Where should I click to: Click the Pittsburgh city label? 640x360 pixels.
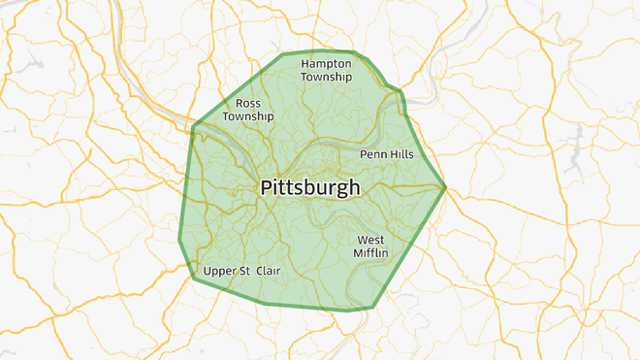309,187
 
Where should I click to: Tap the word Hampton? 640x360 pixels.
326,63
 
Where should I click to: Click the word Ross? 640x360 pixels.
248,103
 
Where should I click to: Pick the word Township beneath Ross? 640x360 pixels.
248,116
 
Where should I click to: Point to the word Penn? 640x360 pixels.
373,154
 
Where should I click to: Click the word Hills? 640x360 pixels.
400,154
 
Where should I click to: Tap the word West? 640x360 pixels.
370,240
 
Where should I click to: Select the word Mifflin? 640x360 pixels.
370,253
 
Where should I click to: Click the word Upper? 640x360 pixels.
220,272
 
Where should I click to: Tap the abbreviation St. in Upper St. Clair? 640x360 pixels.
242,272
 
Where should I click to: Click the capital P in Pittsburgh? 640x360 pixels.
265,187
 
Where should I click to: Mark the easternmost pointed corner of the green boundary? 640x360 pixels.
445,186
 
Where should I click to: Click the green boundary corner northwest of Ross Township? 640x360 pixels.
194,126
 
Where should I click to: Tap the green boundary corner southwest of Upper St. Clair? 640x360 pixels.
193,278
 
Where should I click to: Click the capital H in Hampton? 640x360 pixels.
304,63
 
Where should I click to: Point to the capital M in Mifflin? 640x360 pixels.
359,253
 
